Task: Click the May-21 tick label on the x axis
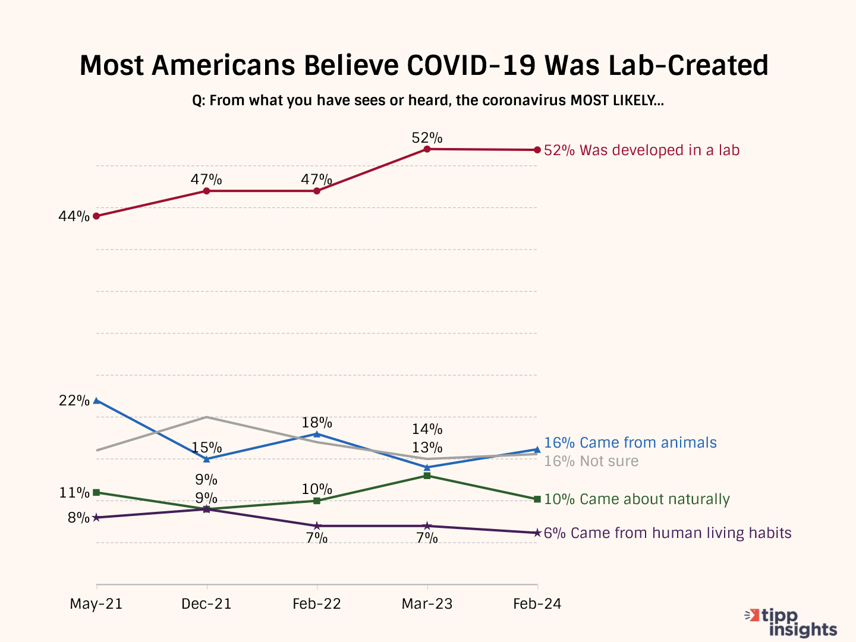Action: [x=96, y=604]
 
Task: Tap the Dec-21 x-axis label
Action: [x=206, y=604]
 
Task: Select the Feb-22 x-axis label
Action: [x=317, y=604]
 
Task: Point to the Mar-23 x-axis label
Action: [x=427, y=604]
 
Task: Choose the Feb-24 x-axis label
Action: [x=537, y=604]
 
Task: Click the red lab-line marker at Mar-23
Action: [x=427, y=149]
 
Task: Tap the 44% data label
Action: [x=74, y=216]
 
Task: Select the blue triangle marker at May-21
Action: [x=96, y=400]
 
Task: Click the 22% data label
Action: [x=74, y=401]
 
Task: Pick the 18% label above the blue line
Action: [x=317, y=423]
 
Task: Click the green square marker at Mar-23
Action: [x=427, y=476]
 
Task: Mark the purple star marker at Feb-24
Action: [x=537, y=533]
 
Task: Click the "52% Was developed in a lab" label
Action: [x=641, y=150]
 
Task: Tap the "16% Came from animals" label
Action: [x=630, y=443]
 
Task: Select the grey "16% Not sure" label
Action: [x=591, y=461]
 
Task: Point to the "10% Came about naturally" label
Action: [x=637, y=499]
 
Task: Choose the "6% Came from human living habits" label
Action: [x=667, y=533]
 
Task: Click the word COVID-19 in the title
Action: [x=471, y=65]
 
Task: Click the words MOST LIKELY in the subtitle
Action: [x=616, y=100]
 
